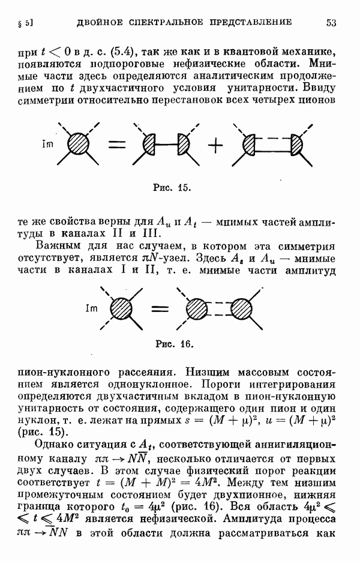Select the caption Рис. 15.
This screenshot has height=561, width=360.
(172, 188)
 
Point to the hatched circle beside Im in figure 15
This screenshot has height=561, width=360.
(79, 144)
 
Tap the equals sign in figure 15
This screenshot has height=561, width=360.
(118, 145)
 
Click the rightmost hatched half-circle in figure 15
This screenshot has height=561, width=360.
(297, 144)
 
